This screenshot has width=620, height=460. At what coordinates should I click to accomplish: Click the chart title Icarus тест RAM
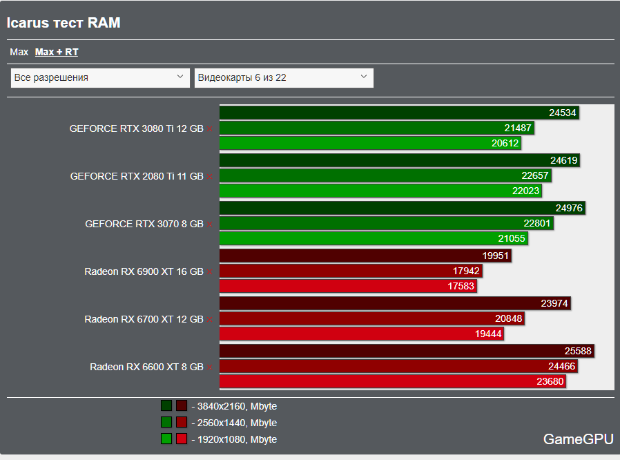click(x=64, y=23)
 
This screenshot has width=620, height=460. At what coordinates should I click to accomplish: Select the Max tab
click(x=19, y=52)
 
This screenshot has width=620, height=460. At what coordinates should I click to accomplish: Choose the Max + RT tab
click(x=57, y=52)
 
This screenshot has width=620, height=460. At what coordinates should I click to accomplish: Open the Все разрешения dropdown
click(x=100, y=77)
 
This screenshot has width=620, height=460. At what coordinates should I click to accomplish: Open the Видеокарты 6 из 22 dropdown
click(x=284, y=77)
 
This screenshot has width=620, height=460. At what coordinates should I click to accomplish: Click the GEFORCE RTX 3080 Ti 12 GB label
click(x=136, y=128)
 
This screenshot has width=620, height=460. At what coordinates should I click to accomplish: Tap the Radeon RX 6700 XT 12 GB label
click(x=144, y=319)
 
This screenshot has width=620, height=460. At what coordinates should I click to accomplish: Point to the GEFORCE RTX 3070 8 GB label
click(x=144, y=224)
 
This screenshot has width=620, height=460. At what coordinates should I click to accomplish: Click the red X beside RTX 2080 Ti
click(x=210, y=177)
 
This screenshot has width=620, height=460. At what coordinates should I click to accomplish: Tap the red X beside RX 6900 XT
click(x=210, y=272)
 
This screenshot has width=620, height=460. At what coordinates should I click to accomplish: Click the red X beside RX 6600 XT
click(x=210, y=367)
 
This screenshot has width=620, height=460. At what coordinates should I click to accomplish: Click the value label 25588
click(x=578, y=351)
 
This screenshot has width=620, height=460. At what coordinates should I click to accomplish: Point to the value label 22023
click(x=526, y=191)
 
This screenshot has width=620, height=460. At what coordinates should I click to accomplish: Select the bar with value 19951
click(x=365, y=256)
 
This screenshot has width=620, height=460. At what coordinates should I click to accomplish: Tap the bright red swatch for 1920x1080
click(x=182, y=439)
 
